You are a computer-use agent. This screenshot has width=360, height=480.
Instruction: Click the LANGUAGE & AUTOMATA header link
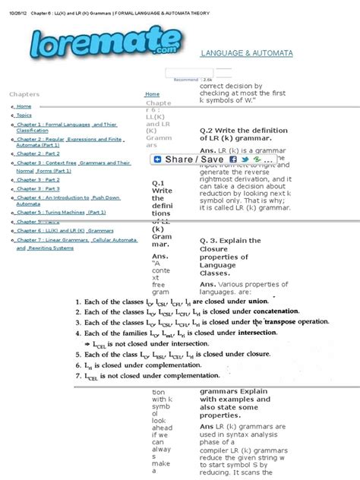245,54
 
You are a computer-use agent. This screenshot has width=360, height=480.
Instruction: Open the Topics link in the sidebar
24,115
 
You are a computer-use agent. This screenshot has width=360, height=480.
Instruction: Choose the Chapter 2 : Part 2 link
38,153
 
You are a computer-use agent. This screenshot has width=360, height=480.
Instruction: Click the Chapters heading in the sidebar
24,93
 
